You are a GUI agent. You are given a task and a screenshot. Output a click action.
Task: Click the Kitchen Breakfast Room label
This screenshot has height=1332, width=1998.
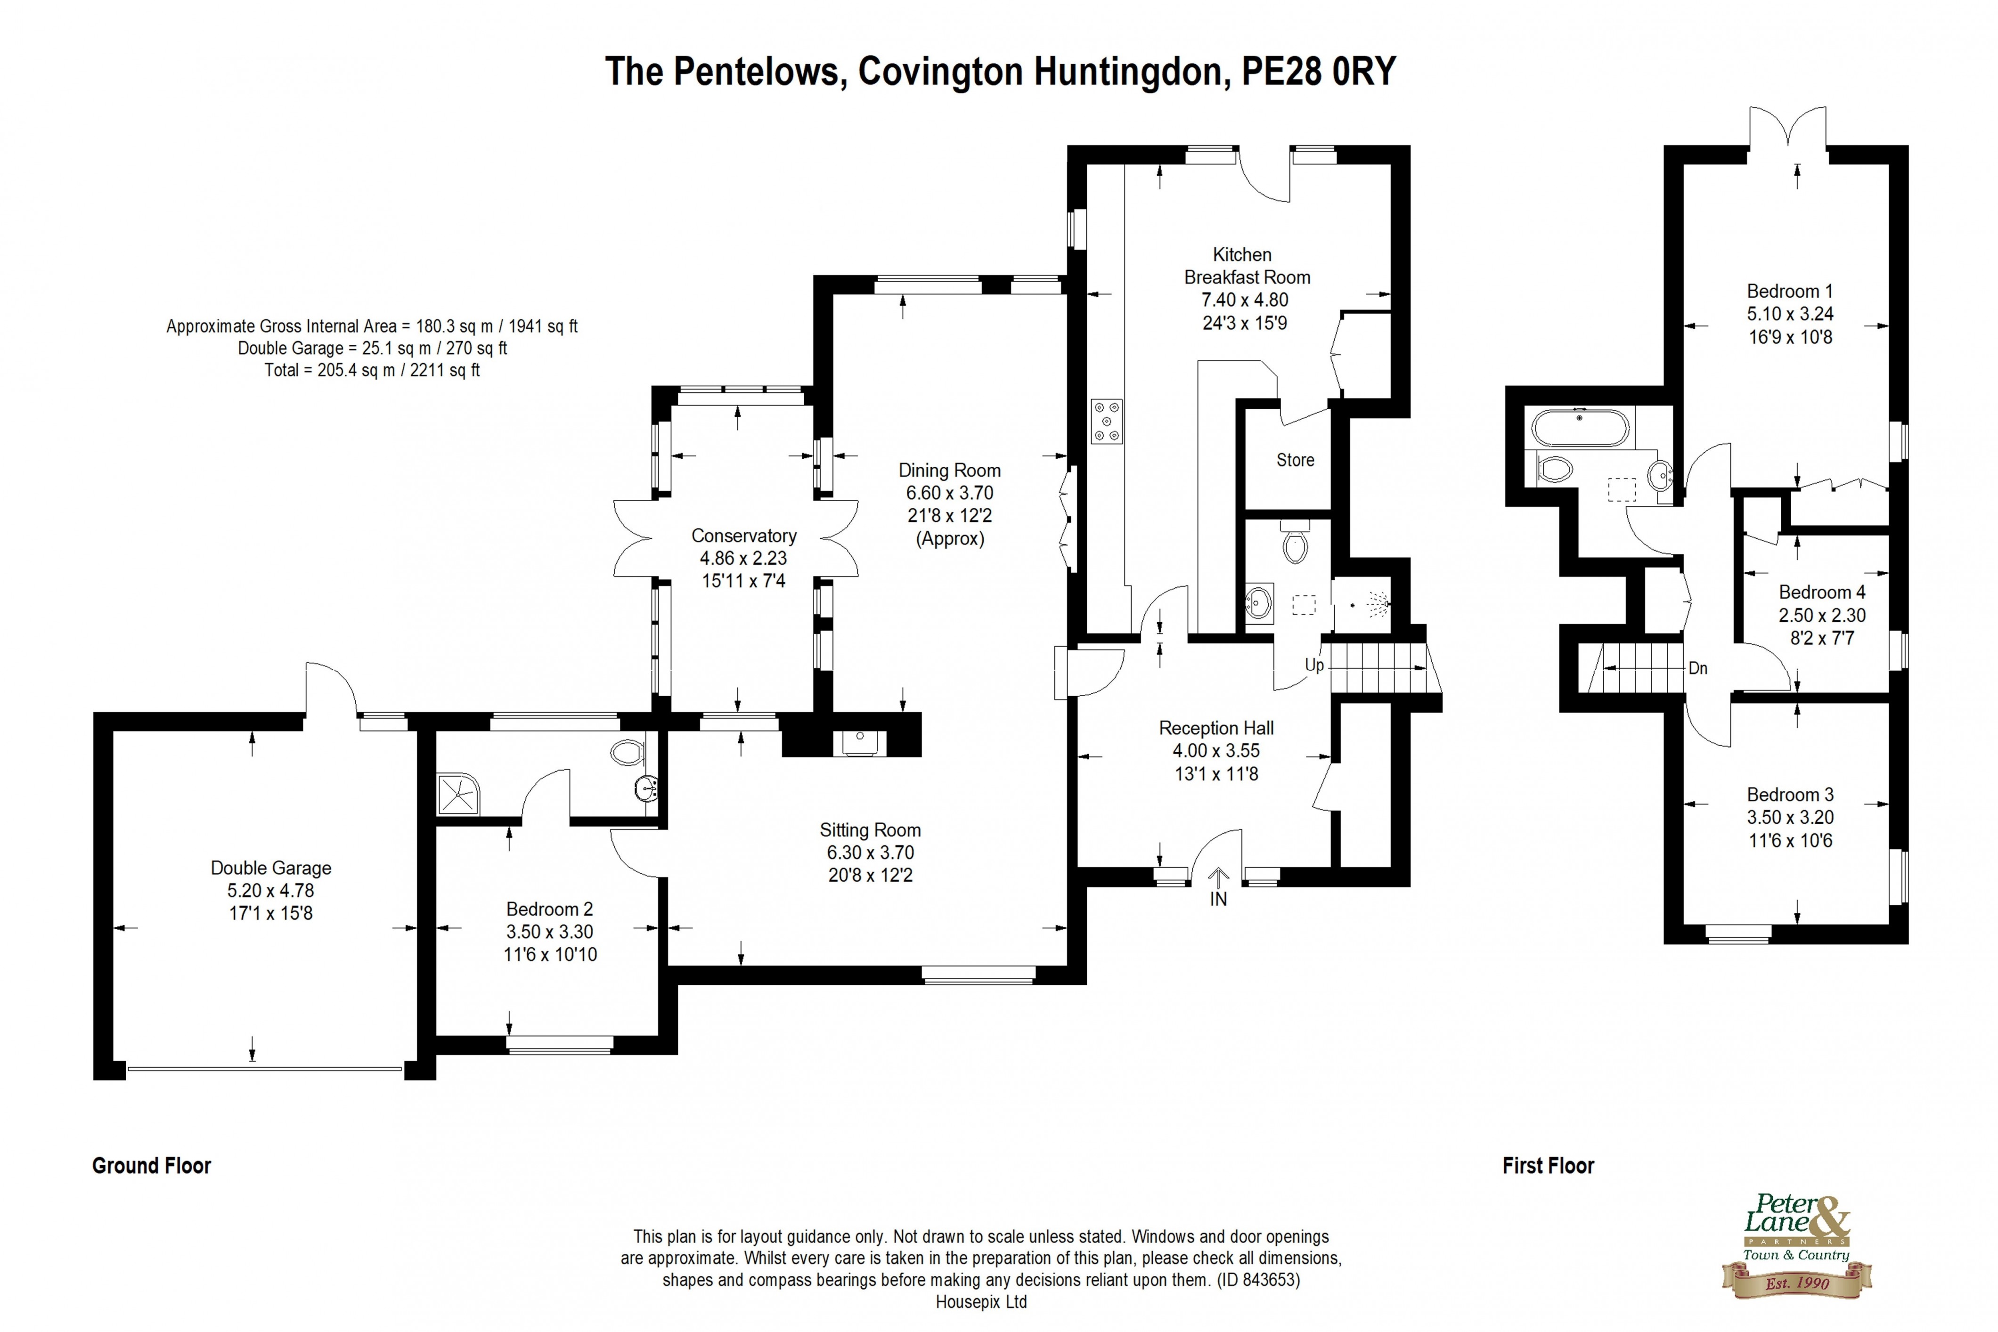tap(1246, 266)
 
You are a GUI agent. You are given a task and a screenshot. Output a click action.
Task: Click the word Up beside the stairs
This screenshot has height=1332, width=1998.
tap(1314, 665)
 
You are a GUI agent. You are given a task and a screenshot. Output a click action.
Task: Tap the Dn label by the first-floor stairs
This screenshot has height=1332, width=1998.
tap(1697, 668)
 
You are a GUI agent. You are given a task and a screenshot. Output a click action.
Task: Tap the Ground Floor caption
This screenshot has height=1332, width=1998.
tap(151, 1165)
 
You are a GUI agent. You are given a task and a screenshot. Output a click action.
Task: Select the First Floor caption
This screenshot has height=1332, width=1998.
tap(1548, 1165)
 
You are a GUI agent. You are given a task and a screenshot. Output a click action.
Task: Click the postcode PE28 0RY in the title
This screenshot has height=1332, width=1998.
tap(1318, 72)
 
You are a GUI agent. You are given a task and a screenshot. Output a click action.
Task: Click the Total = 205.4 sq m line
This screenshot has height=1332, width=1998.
tap(372, 370)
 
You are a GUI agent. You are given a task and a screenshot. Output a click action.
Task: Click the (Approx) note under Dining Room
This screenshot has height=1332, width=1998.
tap(950, 538)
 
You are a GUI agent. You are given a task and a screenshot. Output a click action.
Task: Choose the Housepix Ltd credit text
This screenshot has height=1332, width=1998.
tap(981, 1301)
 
